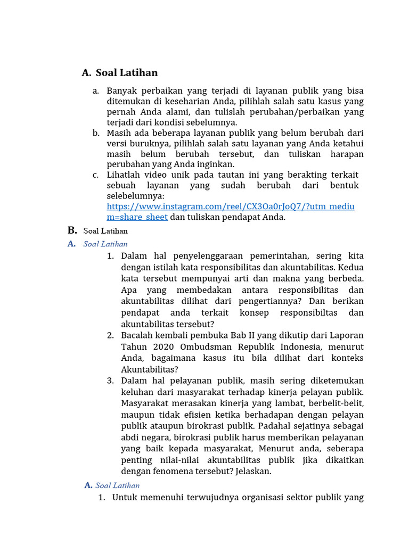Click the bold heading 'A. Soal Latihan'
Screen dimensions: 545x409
120,73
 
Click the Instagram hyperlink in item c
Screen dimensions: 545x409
230,207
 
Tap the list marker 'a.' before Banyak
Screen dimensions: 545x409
96,91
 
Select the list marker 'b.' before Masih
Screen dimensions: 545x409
96,133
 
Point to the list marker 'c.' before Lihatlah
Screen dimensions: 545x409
95,175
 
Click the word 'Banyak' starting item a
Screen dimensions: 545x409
121,91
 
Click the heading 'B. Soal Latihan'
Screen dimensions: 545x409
98,230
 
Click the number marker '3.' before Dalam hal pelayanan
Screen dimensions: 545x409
111,381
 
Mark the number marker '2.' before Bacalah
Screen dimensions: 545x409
111,335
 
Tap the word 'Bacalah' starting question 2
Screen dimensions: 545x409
136,335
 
